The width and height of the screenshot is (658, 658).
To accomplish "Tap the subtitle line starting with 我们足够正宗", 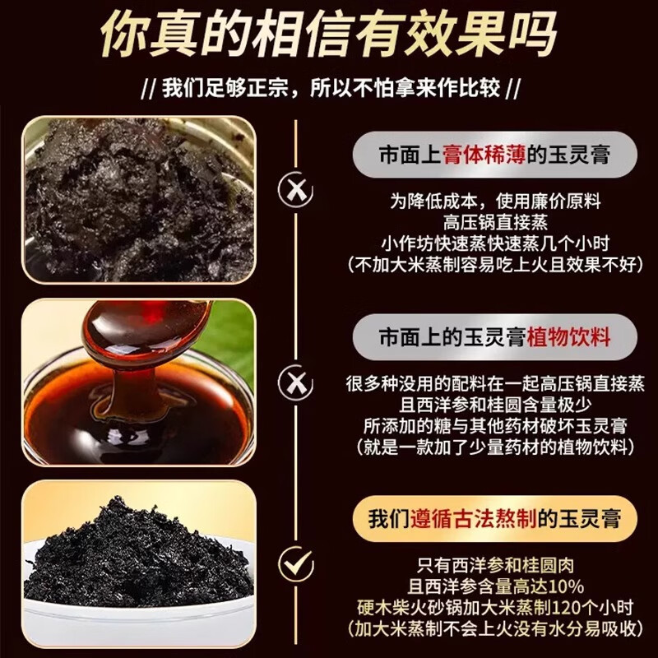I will click(x=329, y=88).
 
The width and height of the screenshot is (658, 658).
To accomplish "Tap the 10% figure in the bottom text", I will click(x=566, y=587).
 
